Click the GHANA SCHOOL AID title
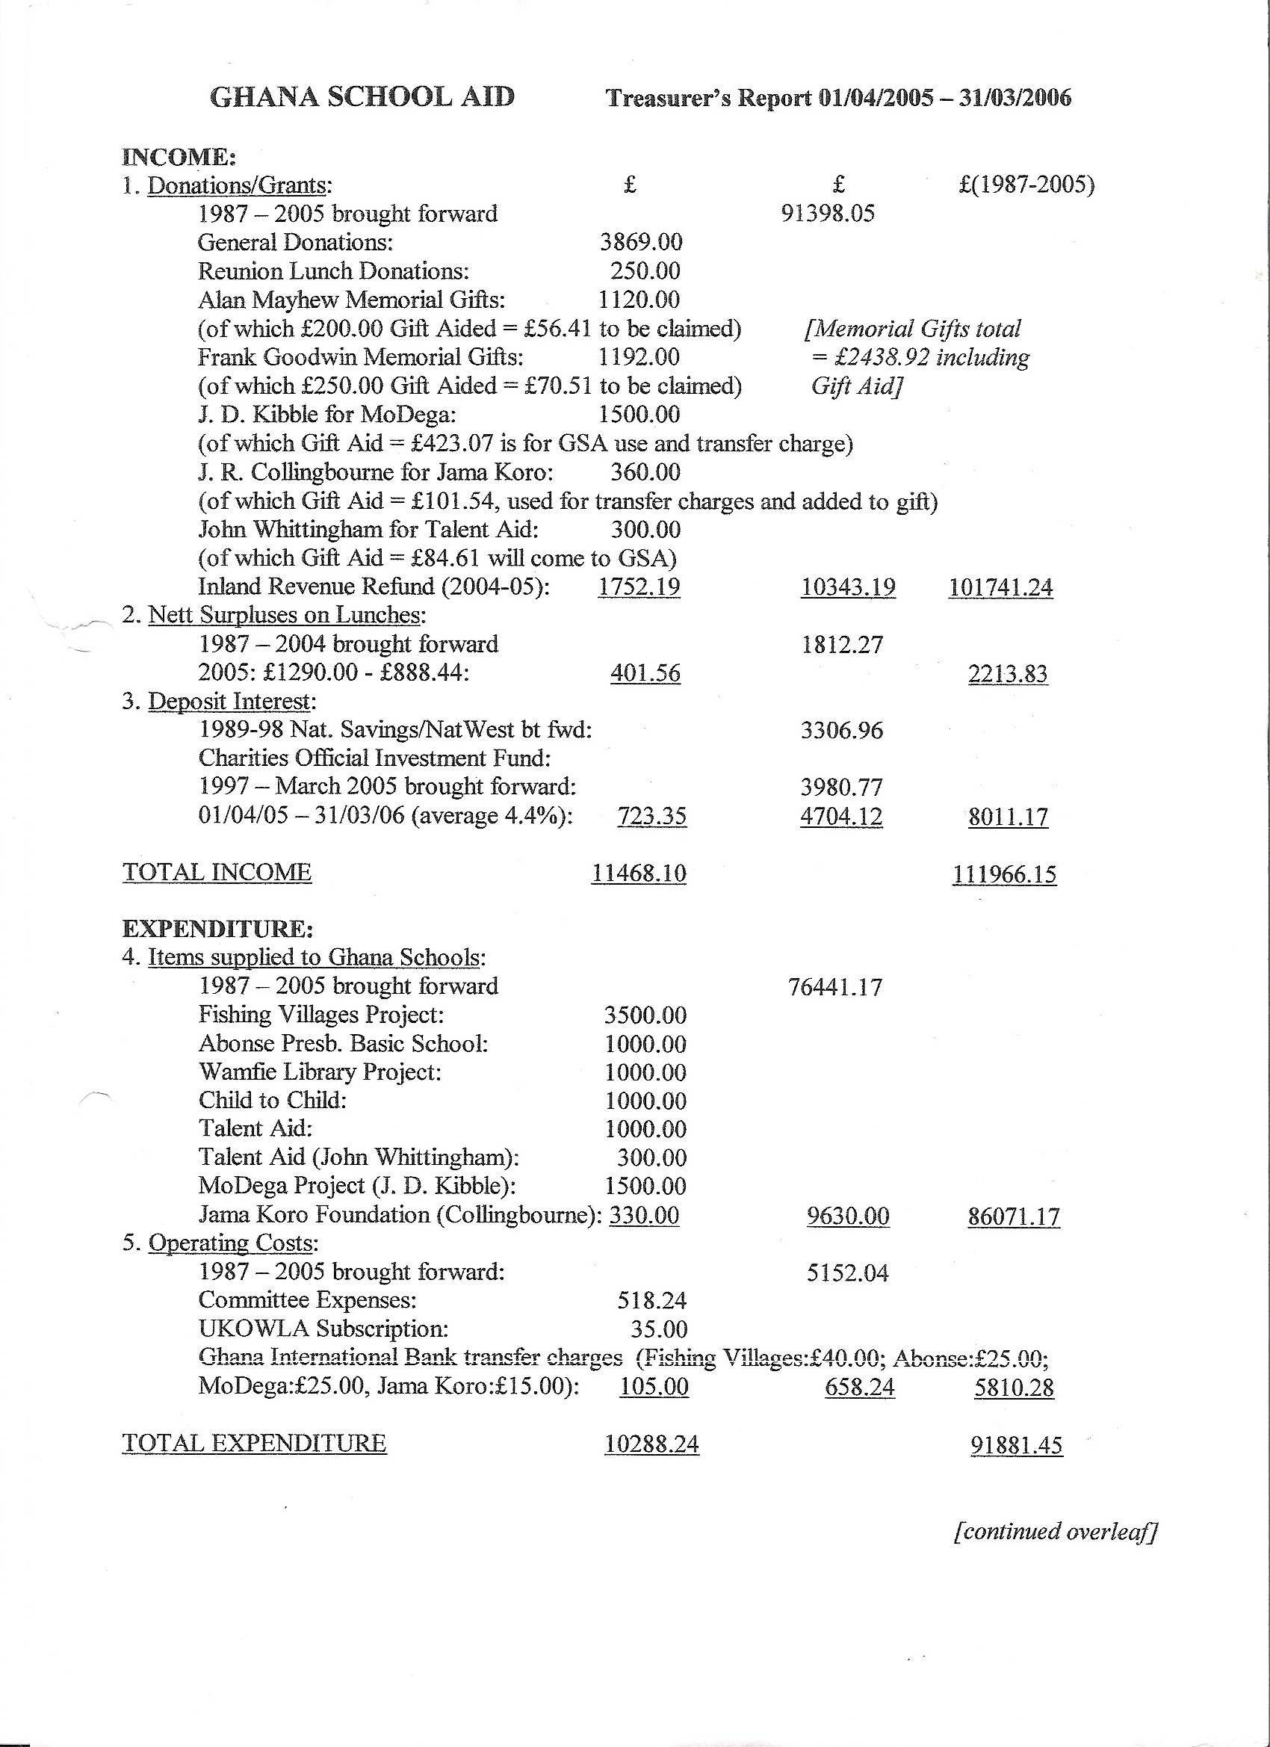tap(362, 97)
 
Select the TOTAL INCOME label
tap(217, 872)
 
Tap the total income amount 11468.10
tap(639, 873)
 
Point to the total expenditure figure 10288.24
tap(651, 1444)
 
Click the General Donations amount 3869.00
tap(641, 242)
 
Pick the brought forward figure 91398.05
tap(828, 214)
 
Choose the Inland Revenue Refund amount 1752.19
tap(639, 587)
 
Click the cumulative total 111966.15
tap(1004, 874)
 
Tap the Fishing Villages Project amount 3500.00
tap(645, 1015)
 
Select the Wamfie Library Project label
tap(320, 1072)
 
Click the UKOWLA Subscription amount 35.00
tap(658, 1329)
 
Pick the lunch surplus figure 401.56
tap(645, 673)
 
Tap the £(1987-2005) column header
tap(1026, 185)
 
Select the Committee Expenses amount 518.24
tap(651, 1300)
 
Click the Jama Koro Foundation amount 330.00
tap(644, 1215)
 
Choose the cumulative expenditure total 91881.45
tap(1016, 1445)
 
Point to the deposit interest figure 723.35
tap(651, 816)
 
